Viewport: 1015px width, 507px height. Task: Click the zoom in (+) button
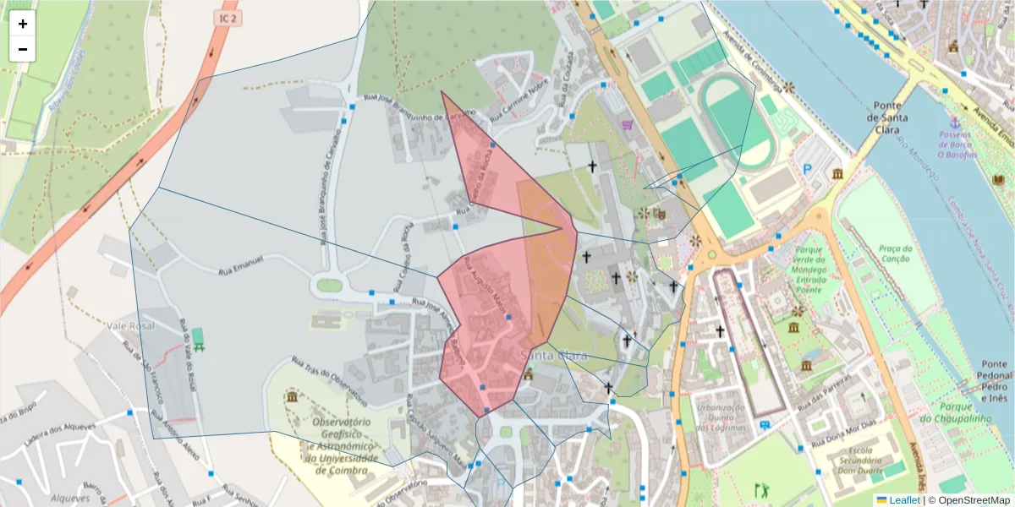tap(23, 24)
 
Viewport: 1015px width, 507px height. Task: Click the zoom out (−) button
tap(23, 49)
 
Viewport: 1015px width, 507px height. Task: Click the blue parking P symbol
tap(807, 169)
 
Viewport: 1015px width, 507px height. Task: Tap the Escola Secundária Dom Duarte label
tap(861, 461)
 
